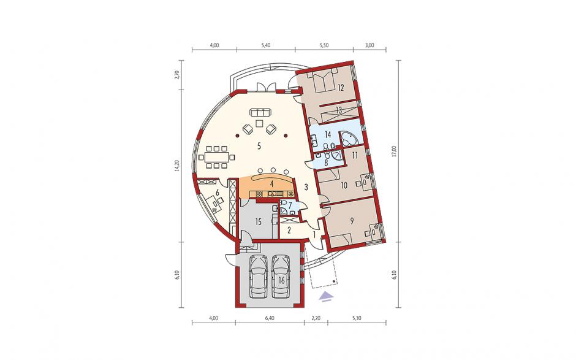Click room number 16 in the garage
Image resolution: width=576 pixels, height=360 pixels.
[x=282, y=280]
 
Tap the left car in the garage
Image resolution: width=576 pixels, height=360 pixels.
[x=258, y=276]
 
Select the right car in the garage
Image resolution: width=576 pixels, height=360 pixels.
[x=280, y=276]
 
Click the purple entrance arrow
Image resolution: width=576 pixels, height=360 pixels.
[x=325, y=296]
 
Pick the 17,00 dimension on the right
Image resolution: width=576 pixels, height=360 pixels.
[x=394, y=151]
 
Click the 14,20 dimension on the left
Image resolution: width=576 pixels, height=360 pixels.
[x=178, y=167]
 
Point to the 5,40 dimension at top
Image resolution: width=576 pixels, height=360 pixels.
[x=265, y=45]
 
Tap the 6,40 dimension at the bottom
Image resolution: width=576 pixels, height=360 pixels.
[x=269, y=318]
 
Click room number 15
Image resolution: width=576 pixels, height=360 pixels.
[x=258, y=222]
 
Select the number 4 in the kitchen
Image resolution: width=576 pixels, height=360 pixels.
[x=272, y=183]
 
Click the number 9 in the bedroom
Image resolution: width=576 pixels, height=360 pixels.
[x=352, y=221]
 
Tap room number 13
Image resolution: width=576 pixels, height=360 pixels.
[x=339, y=110]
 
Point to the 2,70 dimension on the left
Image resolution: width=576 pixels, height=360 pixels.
[x=178, y=75]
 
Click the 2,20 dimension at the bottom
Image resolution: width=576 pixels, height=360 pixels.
[x=316, y=318]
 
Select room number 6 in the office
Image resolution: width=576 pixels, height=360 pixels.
[x=218, y=192]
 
